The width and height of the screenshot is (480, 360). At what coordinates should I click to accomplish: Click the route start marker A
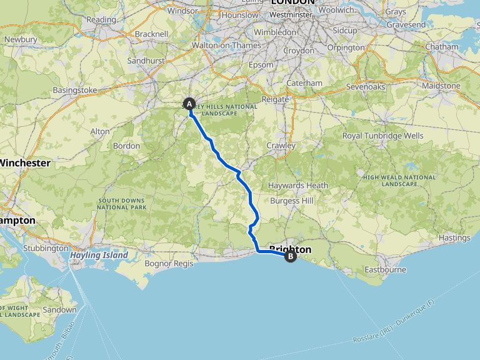(189, 104)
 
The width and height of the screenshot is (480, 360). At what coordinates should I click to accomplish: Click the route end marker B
(290, 255)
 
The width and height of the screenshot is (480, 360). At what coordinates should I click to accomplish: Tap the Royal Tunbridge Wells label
(382, 136)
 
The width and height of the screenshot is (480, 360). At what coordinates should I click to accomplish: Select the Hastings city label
(454, 237)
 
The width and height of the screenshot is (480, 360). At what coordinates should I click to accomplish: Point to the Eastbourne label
(385, 270)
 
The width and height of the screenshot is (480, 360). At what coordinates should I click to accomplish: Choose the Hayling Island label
(99, 255)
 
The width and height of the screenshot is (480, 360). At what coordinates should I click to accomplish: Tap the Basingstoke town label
(75, 90)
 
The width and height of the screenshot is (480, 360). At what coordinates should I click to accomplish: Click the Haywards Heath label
(298, 186)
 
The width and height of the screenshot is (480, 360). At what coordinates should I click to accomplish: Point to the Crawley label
(281, 146)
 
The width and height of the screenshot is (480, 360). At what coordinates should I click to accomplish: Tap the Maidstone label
(441, 86)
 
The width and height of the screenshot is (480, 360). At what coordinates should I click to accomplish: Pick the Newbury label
(21, 39)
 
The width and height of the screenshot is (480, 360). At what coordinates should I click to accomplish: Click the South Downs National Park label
(122, 203)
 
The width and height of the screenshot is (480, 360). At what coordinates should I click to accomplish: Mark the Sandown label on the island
(60, 309)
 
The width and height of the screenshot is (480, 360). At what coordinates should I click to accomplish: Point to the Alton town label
(100, 131)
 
